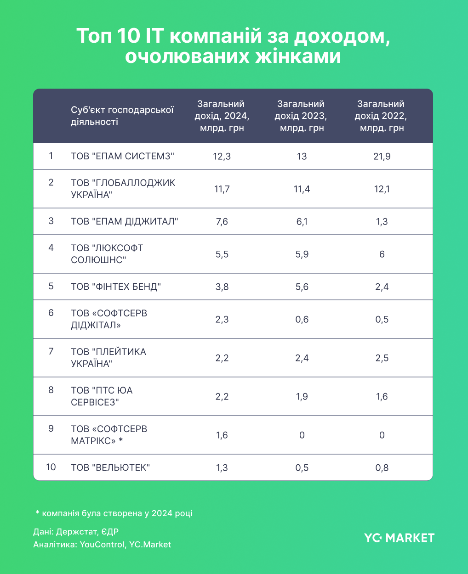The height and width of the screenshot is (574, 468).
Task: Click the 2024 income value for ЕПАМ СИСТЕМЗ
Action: click(x=222, y=156)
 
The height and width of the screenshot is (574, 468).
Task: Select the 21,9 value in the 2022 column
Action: click(x=382, y=156)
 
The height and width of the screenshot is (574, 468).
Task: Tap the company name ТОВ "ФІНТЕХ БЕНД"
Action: click(x=116, y=287)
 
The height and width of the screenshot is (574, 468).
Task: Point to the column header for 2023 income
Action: click(x=302, y=116)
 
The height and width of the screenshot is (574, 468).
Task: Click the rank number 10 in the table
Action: click(x=51, y=467)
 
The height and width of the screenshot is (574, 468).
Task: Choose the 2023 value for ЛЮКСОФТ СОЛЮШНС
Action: click(x=302, y=254)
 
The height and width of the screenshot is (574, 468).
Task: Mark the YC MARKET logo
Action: click(x=399, y=538)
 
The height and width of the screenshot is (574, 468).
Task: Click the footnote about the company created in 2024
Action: click(x=114, y=513)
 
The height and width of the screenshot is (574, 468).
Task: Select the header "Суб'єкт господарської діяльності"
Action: click(x=122, y=116)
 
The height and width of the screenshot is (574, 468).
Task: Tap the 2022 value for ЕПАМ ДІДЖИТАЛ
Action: click(x=382, y=221)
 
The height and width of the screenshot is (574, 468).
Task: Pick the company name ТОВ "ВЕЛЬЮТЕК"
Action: click(x=110, y=467)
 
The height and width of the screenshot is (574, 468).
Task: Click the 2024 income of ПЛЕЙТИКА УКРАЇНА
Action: click(x=222, y=358)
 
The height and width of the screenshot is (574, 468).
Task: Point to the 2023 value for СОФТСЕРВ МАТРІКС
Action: click(x=302, y=435)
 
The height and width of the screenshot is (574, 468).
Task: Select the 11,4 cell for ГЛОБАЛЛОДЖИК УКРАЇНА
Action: click(x=302, y=189)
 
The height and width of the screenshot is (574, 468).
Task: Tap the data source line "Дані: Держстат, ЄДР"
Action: click(x=76, y=532)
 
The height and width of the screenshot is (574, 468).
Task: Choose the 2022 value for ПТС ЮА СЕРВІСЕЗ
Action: click(x=382, y=396)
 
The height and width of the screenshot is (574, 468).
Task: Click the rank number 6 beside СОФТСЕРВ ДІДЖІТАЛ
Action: click(x=51, y=313)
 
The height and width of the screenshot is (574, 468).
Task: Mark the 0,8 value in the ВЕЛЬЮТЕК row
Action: click(x=382, y=467)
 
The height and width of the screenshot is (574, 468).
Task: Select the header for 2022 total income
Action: click(x=382, y=116)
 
